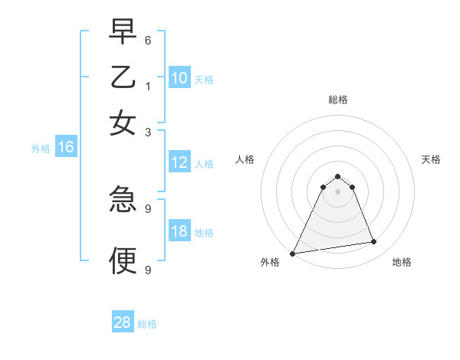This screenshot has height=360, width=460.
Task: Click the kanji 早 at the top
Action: [123, 32]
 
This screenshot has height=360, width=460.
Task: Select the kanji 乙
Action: [123, 77]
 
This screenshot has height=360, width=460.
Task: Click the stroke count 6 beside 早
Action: [148, 39]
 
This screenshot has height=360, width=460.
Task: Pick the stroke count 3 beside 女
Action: [148, 132]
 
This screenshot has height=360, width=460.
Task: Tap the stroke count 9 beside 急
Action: [148, 208]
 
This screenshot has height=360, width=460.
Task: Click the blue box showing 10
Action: [179, 77]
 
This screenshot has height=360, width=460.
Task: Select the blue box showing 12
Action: [179, 162]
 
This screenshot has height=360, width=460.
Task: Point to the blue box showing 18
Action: [179, 231]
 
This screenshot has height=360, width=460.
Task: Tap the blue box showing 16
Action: [65, 147]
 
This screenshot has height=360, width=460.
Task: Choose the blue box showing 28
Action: [122, 322]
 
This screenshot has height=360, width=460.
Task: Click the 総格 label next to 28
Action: [147, 324]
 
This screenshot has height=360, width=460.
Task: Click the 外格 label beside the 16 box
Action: [41, 149]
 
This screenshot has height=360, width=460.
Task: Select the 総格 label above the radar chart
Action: [337, 100]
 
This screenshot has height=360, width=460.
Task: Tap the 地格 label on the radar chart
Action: [402, 262]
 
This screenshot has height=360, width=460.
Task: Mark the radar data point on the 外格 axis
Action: [293, 254]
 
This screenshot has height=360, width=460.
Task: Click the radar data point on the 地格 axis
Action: [374, 242]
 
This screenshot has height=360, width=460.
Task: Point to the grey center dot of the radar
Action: [337, 191]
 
